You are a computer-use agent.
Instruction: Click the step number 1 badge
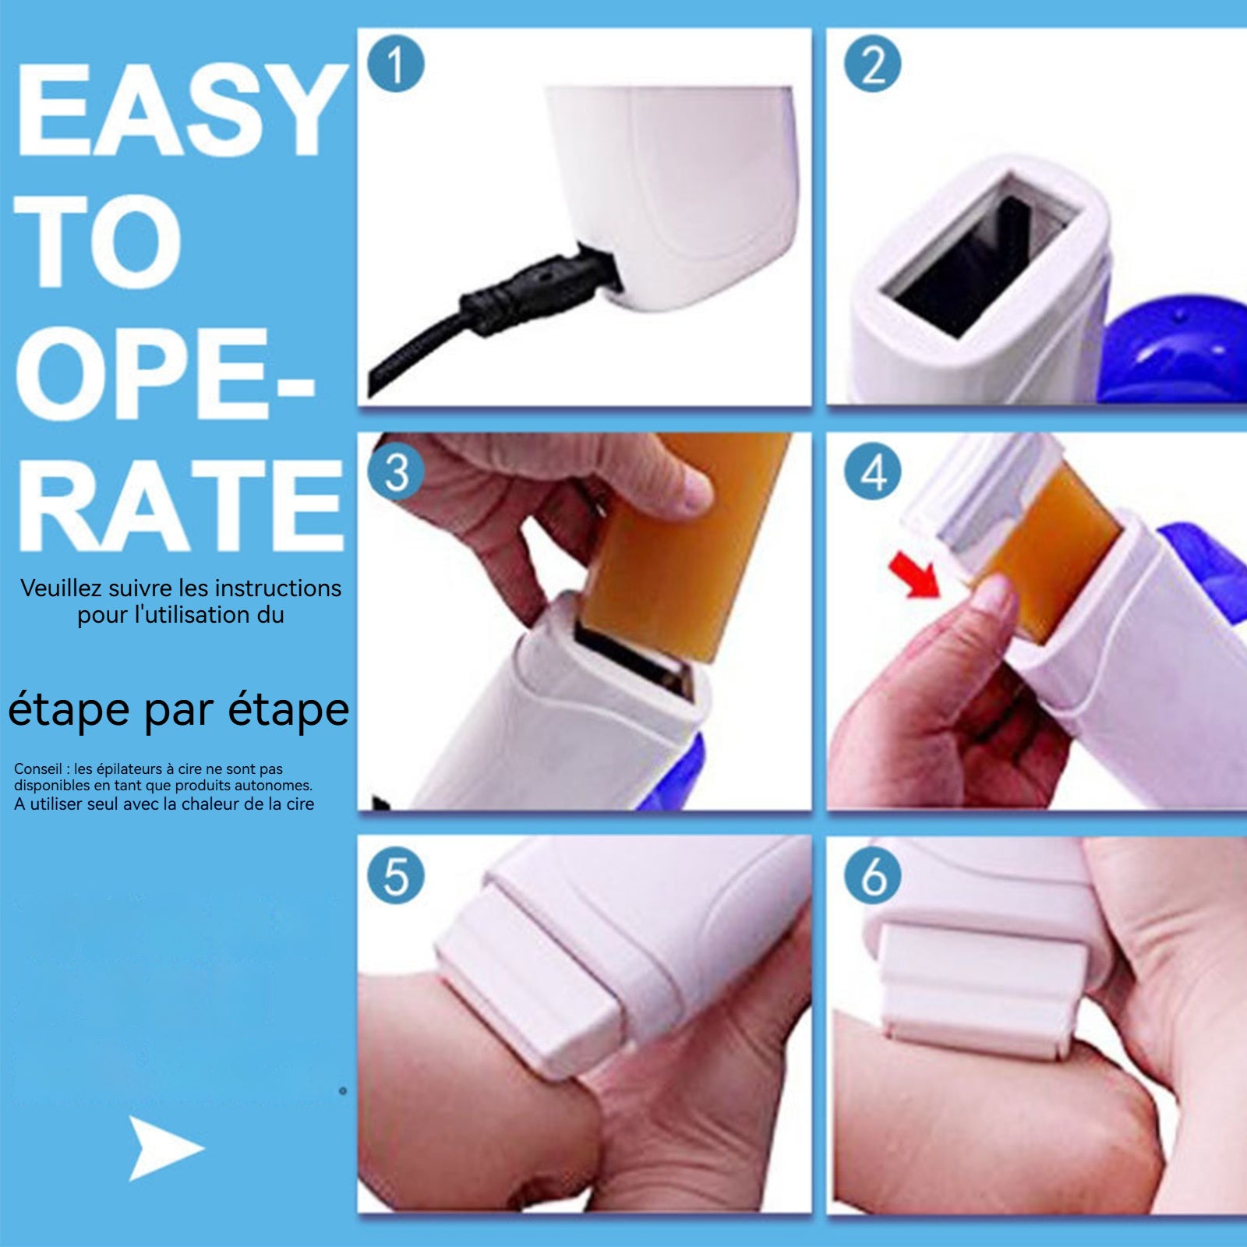click(x=396, y=64)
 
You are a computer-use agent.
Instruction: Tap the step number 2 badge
click(x=872, y=64)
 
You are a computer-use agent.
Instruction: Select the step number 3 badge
click(x=396, y=472)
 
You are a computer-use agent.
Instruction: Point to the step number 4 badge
click(x=872, y=472)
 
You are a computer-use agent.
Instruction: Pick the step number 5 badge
click(x=396, y=875)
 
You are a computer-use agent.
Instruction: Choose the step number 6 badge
click(x=872, y=875)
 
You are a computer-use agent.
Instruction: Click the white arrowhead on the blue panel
click(x=164, y=1147)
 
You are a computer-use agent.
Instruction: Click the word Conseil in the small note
click(x=37, y=768)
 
